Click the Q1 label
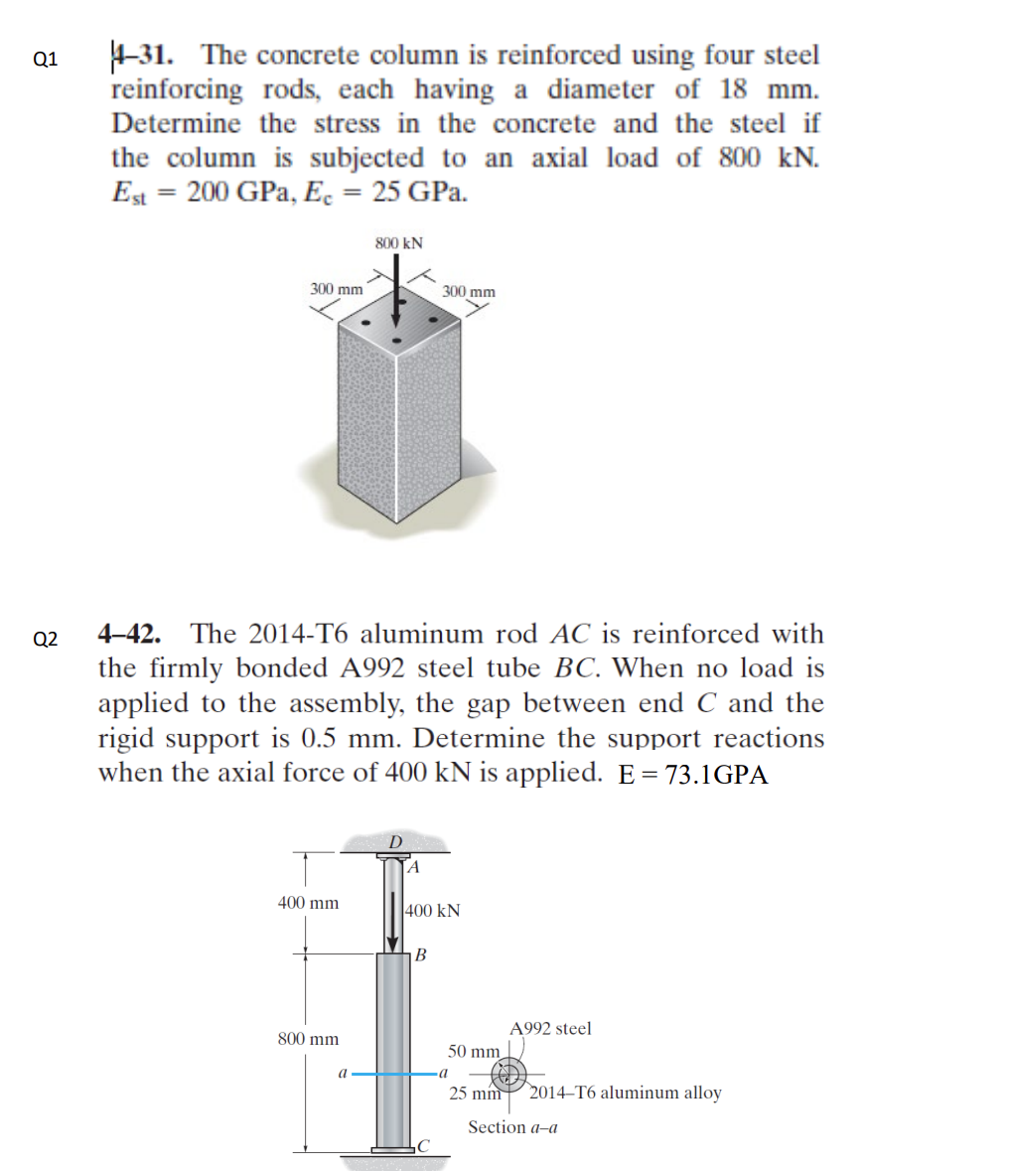[x=46, y=59]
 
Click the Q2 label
[x=46, y=639]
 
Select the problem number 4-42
[x=134, y=634]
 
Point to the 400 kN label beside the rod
[x=434, y=911]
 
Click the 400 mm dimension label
[x=308, y=903]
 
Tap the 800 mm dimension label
[x=308, y=1039]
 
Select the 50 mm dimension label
[x=473, y=1051]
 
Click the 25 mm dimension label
[x=474, y=1094]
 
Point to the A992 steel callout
[x=550, y=1029]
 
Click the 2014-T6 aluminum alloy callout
[x=626, y=1093]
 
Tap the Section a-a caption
[x=512, y=1127]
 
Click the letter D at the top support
[x=394, y=842]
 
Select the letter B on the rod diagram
[x=420, y=955]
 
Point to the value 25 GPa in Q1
[x=418, y=193]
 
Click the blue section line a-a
[x=397, y=1074]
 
